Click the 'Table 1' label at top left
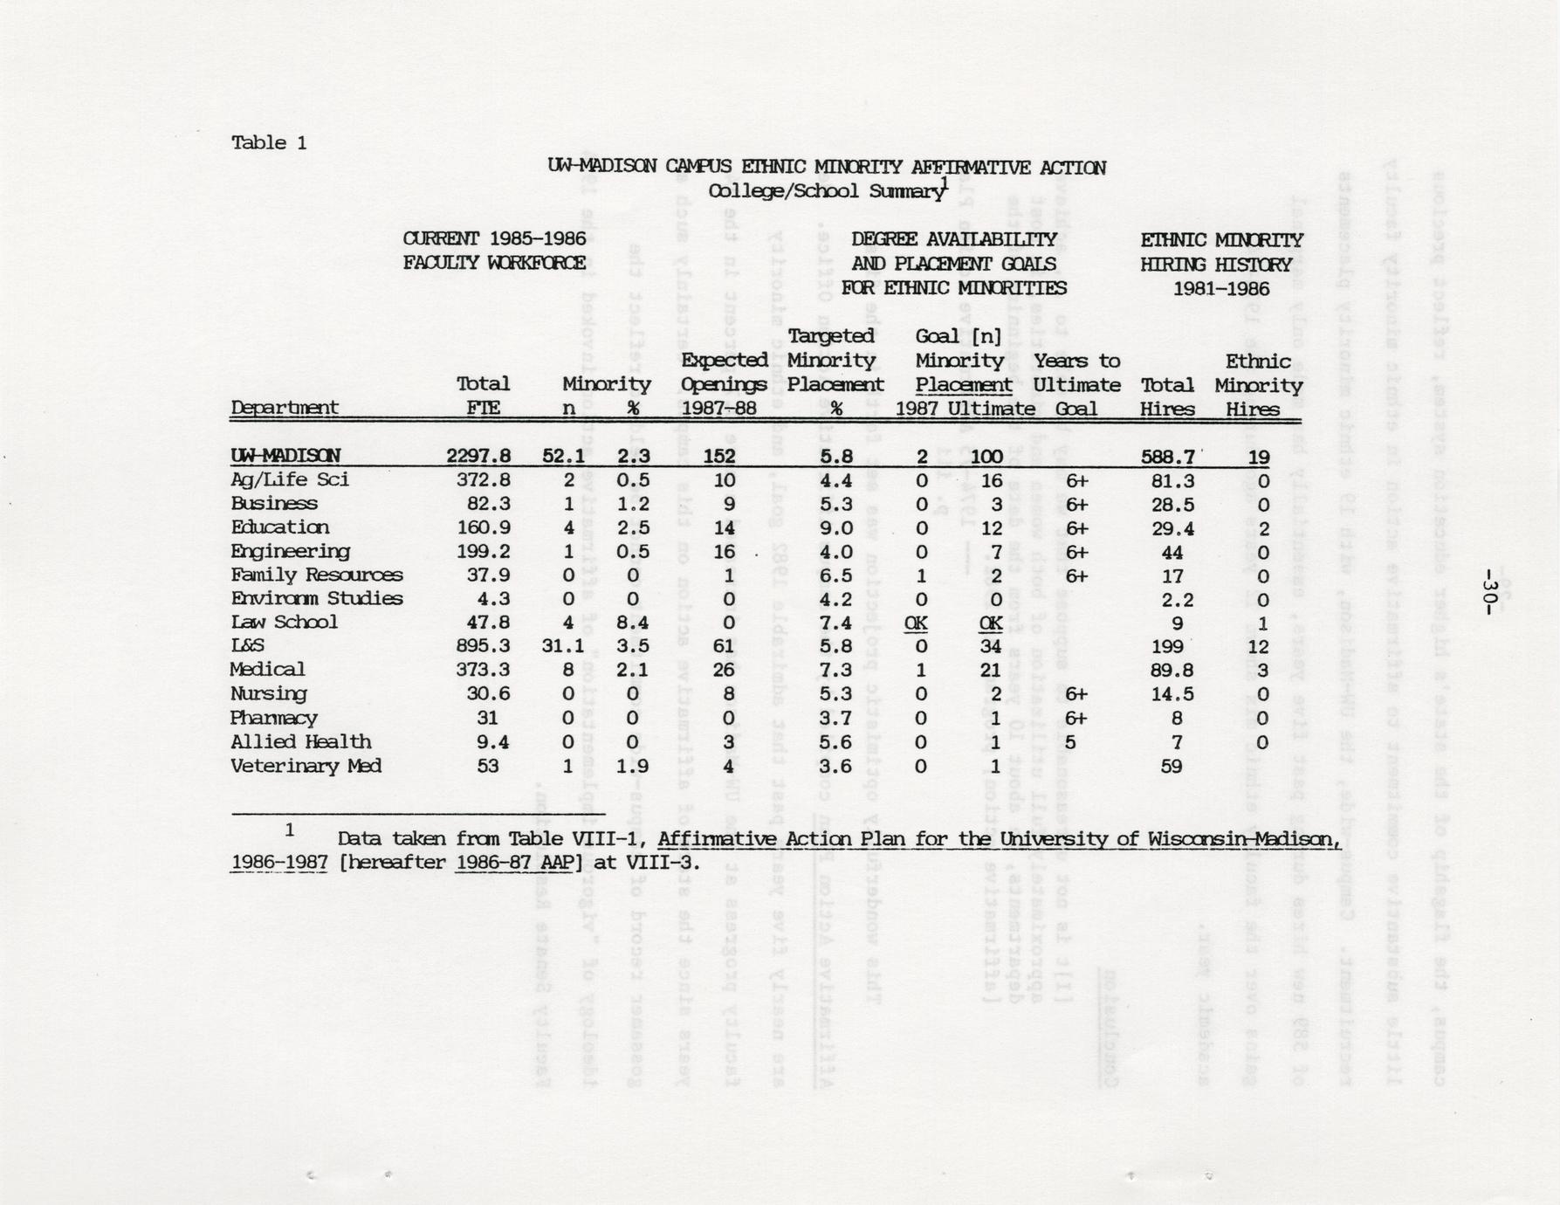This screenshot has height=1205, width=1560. click(269, 143)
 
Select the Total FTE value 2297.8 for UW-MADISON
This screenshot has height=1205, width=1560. click(478, 456)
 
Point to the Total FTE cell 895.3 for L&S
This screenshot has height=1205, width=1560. click(483, 646)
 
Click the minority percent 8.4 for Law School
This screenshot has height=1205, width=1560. click(633, 623)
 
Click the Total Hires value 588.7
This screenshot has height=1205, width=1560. click(1167, 456)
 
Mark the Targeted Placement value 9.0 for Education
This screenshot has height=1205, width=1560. click(835, 527)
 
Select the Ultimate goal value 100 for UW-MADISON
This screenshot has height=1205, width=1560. click(986, 456)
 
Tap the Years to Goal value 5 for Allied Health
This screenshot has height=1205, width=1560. click(1070, 742)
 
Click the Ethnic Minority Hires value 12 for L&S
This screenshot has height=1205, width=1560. click(1258, 646)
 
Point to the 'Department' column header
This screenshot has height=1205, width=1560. click(285, 408)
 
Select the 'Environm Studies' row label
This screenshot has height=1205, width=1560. click(316, 599)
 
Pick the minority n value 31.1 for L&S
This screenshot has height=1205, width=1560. click(563, 646)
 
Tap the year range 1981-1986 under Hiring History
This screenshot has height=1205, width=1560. click(1220, 288)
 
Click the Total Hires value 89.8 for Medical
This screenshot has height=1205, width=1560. click(1167, 670)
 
